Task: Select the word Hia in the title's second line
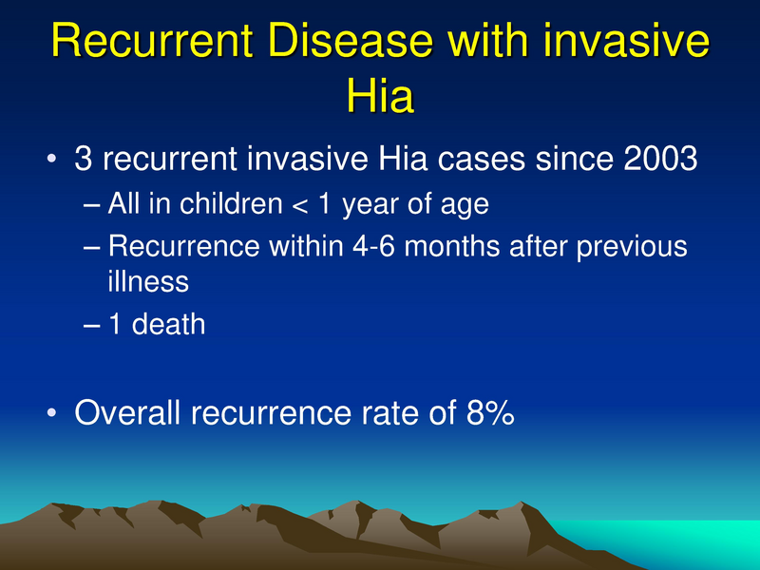pos(380,98)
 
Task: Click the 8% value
pos(485,412)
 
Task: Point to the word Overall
pos(128,412)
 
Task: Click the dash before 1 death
pos(91,325)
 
